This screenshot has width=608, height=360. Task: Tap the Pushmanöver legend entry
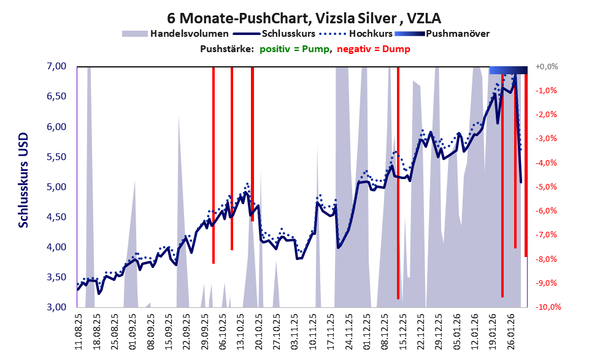coord(457,34)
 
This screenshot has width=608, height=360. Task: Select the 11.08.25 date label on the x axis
coord(79,331)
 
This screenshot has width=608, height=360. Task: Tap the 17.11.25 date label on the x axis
coord(331,331)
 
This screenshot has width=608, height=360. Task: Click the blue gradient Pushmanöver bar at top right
coord(508,70)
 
